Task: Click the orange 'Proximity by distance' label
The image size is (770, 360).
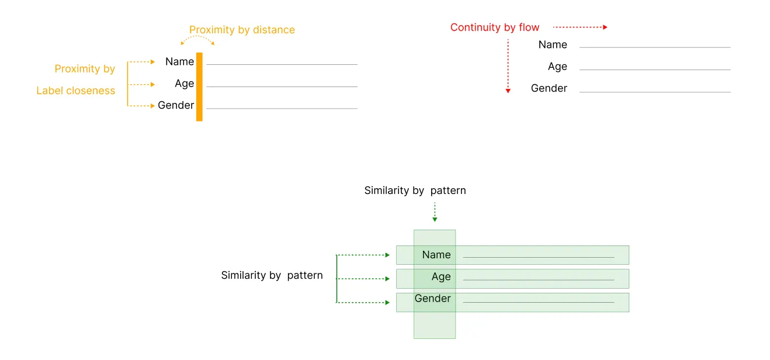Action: [x=242, y=30]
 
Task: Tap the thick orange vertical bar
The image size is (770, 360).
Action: [x=199, y=86]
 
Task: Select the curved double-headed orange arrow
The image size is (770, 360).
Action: [x=197, y=39]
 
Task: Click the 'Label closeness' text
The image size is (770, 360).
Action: [x=76, y=91]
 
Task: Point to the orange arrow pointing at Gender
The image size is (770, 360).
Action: [x=141, y=106]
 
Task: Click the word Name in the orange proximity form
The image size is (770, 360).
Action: [x=179, y=61]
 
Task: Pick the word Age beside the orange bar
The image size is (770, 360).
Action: [x=184, y=84]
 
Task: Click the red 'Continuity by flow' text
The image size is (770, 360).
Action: [x=495, y=27]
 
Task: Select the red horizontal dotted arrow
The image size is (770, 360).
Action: [x=580, y=27]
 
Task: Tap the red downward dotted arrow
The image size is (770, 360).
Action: [x=508, y=66]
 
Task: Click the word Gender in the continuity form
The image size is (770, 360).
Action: [x=549, y=88]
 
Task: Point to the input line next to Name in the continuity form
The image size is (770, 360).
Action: [x=654, y=47]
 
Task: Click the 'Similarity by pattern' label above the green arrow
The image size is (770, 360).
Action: [x=415, y=191]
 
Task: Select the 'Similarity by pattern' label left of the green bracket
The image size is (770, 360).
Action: [x=272, y=275]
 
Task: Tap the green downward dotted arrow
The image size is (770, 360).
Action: [x=435, y=212]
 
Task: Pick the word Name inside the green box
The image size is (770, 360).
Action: [x=436, y=255]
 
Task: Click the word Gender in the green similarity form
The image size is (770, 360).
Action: [x=432, y=299]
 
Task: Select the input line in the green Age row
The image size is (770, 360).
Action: [x=538, y=280]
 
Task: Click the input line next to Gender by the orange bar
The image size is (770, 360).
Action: [x=282, y=109]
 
